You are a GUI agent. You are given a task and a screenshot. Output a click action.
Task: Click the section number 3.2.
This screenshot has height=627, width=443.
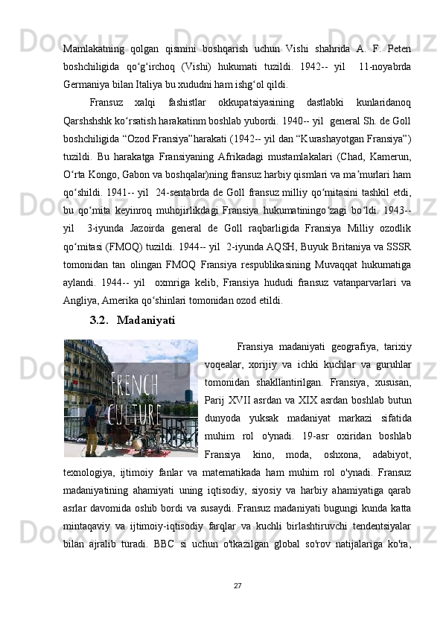tap(98, 320)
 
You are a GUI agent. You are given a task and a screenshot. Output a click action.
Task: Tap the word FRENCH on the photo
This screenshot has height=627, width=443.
tap(134, 386)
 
